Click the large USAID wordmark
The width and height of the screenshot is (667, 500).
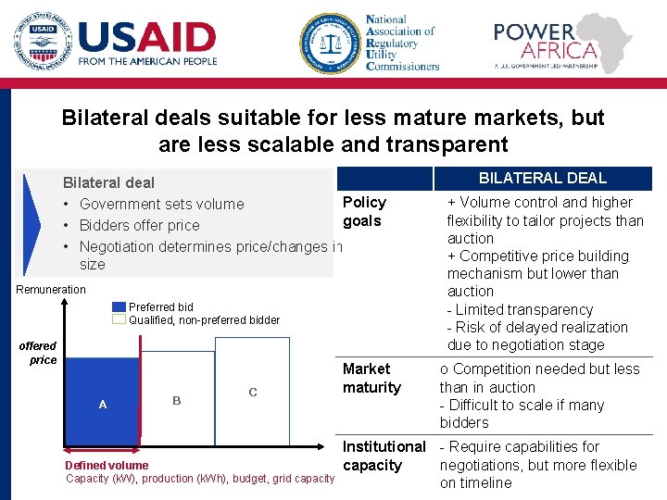[x=147, y=38]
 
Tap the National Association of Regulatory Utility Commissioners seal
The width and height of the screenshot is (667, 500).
[x=330, y=43]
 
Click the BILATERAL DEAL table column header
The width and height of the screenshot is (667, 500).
[x=542, y=178]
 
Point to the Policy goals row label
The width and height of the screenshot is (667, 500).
[x=364, y=211]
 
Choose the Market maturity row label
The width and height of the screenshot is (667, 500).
[x=371, y=378]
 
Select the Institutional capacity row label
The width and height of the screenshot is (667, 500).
[x=384, y=456]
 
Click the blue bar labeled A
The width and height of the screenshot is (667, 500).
[x=102, y=404]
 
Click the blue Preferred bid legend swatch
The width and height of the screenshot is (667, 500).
[x=119, y=306]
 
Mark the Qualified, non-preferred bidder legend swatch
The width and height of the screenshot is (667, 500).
[x=119, y=319]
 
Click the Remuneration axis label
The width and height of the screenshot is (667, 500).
[x=51, y=290]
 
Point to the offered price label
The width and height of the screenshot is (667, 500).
[x=39, y=353]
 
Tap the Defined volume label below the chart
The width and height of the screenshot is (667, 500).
[x=107, y=465]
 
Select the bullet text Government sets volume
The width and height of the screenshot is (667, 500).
[x=161, y=204]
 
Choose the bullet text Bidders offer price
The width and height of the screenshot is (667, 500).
[x=139, y=225]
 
